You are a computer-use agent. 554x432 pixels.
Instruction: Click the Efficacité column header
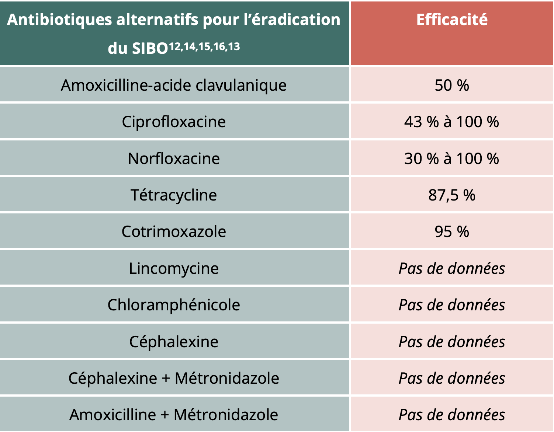[451, 20]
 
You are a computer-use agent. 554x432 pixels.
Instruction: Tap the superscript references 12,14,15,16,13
[204, 47]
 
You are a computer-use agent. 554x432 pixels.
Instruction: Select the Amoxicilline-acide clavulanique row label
[174, 85]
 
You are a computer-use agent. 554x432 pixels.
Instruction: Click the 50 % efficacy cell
[451, 85]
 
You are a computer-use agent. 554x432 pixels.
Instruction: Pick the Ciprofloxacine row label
[174, 122]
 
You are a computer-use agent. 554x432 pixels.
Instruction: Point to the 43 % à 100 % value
[451, 122]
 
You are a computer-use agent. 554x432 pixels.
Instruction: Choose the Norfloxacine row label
[174, 158]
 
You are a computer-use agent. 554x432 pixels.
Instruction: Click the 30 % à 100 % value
[451, 158]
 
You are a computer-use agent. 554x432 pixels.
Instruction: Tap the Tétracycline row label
[174, 195]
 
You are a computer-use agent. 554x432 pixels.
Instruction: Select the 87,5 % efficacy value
[451, 195]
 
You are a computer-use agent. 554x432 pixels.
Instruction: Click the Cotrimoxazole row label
[174, 231]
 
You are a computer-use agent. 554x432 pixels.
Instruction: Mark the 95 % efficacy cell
[451, 231]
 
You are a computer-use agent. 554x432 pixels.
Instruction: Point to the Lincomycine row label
[174, 268]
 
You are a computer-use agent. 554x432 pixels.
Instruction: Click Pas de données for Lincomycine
[451, 268]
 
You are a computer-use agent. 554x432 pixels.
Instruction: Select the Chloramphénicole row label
[174, 305]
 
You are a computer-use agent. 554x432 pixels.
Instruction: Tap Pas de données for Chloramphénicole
[451, 305]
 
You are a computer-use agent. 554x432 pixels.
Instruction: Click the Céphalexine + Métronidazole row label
[174, 378]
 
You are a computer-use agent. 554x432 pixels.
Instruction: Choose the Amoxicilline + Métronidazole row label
[174, 415]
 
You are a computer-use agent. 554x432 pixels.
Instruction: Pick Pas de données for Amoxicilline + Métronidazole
[451, 415]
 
